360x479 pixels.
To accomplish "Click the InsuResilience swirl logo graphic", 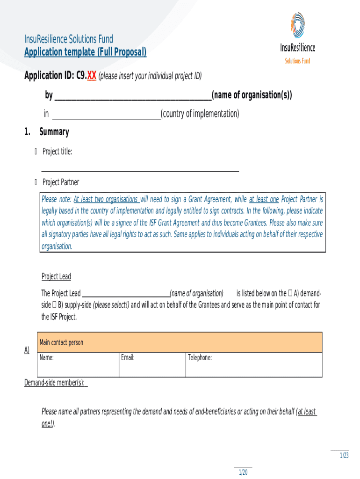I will (x=298, y=27).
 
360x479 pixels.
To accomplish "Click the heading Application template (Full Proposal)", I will (x=85, y=52).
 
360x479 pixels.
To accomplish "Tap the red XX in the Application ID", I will (x=92, y=76).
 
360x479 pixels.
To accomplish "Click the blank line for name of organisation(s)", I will (x=133, y=96).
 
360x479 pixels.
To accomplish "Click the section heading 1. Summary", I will (x=47, y=132).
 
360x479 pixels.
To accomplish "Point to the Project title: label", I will (x=57, y=151).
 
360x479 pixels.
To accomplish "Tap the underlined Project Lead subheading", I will (x=56, y=276).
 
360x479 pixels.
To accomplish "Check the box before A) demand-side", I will (x=290, y=293).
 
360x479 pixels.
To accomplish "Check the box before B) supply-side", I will (x=55, y=305).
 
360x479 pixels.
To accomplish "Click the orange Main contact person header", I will (x=179, y=342).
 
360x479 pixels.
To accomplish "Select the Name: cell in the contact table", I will (x=78, y=364).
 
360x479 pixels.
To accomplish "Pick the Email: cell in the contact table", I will (x=152, y=364).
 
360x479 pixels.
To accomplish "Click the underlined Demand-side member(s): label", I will (x=55, y=383).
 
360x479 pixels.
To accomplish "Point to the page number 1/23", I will (x=344, y=456).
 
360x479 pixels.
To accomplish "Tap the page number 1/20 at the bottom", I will (x=243, y=472).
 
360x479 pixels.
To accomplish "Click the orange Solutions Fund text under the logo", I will (x=297, y=61).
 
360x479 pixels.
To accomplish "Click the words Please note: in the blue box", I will (x=56, y=199).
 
